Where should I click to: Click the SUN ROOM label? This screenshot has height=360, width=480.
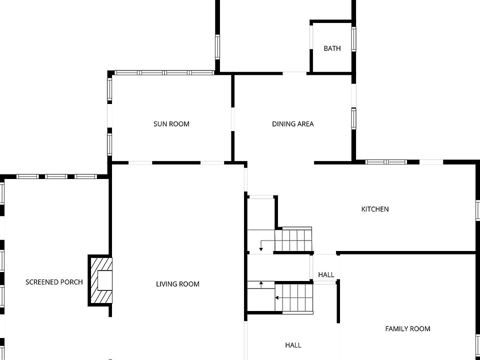[171, 124]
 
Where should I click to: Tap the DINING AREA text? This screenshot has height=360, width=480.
[293, 124]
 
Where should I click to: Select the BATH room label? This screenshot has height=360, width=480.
[332, 48]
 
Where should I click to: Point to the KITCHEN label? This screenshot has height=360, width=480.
[375, 209]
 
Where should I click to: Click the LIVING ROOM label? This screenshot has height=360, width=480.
[178, 284]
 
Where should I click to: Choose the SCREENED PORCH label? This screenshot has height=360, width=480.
[54, 282]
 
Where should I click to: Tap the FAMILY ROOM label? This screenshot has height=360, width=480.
[408, 329]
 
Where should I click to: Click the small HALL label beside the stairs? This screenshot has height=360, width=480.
[326, 274]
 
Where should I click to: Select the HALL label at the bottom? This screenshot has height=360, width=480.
[293, 345]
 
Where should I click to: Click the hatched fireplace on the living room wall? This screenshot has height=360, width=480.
[100, 280]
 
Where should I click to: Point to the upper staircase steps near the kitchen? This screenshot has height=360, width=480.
[293, 239]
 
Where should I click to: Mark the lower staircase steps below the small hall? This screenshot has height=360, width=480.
[294, 297]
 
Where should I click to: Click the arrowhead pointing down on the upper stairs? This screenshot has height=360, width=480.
[261, 249]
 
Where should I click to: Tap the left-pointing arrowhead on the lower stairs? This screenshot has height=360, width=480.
[276, 297]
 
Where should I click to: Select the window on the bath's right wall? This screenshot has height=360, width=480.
[353, 39]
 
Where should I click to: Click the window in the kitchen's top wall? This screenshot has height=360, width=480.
[386, 162]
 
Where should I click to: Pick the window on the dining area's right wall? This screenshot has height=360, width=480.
[353, 118]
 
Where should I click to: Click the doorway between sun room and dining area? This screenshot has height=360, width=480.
[232, 119]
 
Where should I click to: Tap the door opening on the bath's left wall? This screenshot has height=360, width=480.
[311, 37]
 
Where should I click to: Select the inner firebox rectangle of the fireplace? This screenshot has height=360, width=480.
[104, 280]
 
